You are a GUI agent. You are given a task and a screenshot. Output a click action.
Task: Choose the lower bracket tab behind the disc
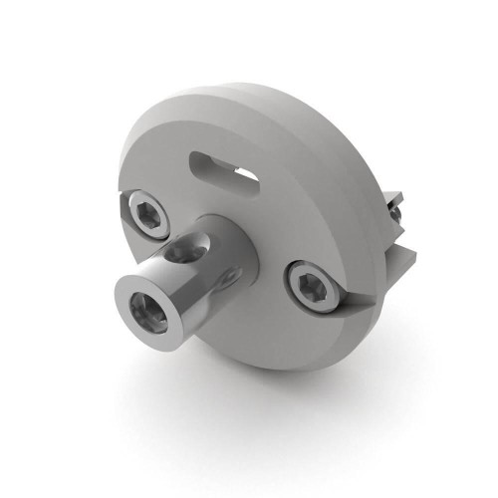pos(401,262)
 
